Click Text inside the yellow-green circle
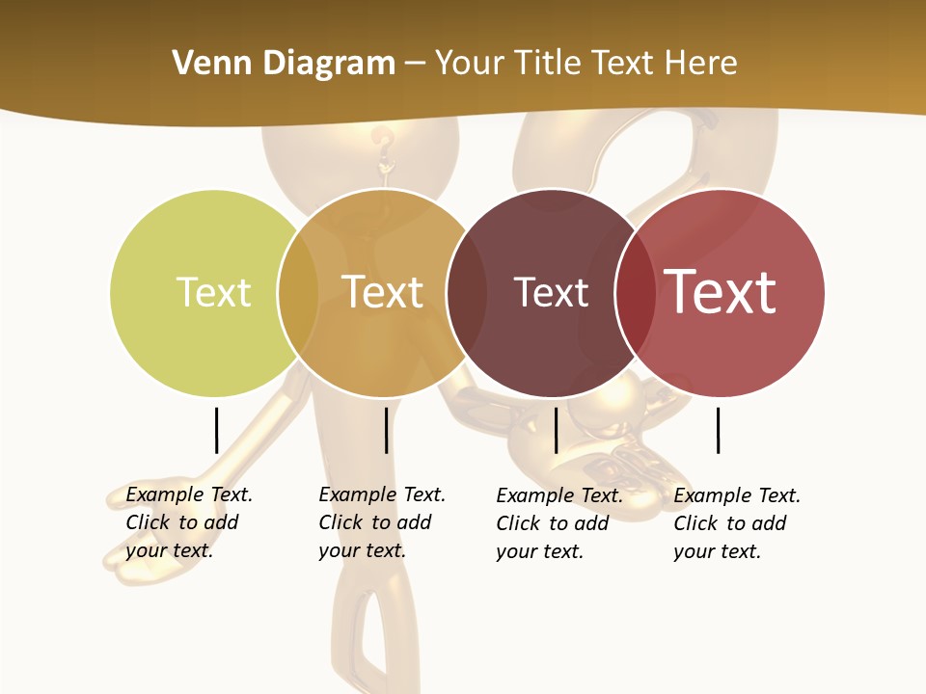(213, 292)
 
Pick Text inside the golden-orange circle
(383, 292)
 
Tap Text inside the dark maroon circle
(551, 292)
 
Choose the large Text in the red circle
(721, 292)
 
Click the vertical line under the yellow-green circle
(216, 430)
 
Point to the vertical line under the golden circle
(386, 430)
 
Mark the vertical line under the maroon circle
(556, 430)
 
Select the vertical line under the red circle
(718, 430)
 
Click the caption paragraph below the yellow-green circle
(188, 522)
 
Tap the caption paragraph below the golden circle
(381, 522)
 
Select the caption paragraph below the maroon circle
(558, 523)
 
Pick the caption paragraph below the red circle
(736, 523)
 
